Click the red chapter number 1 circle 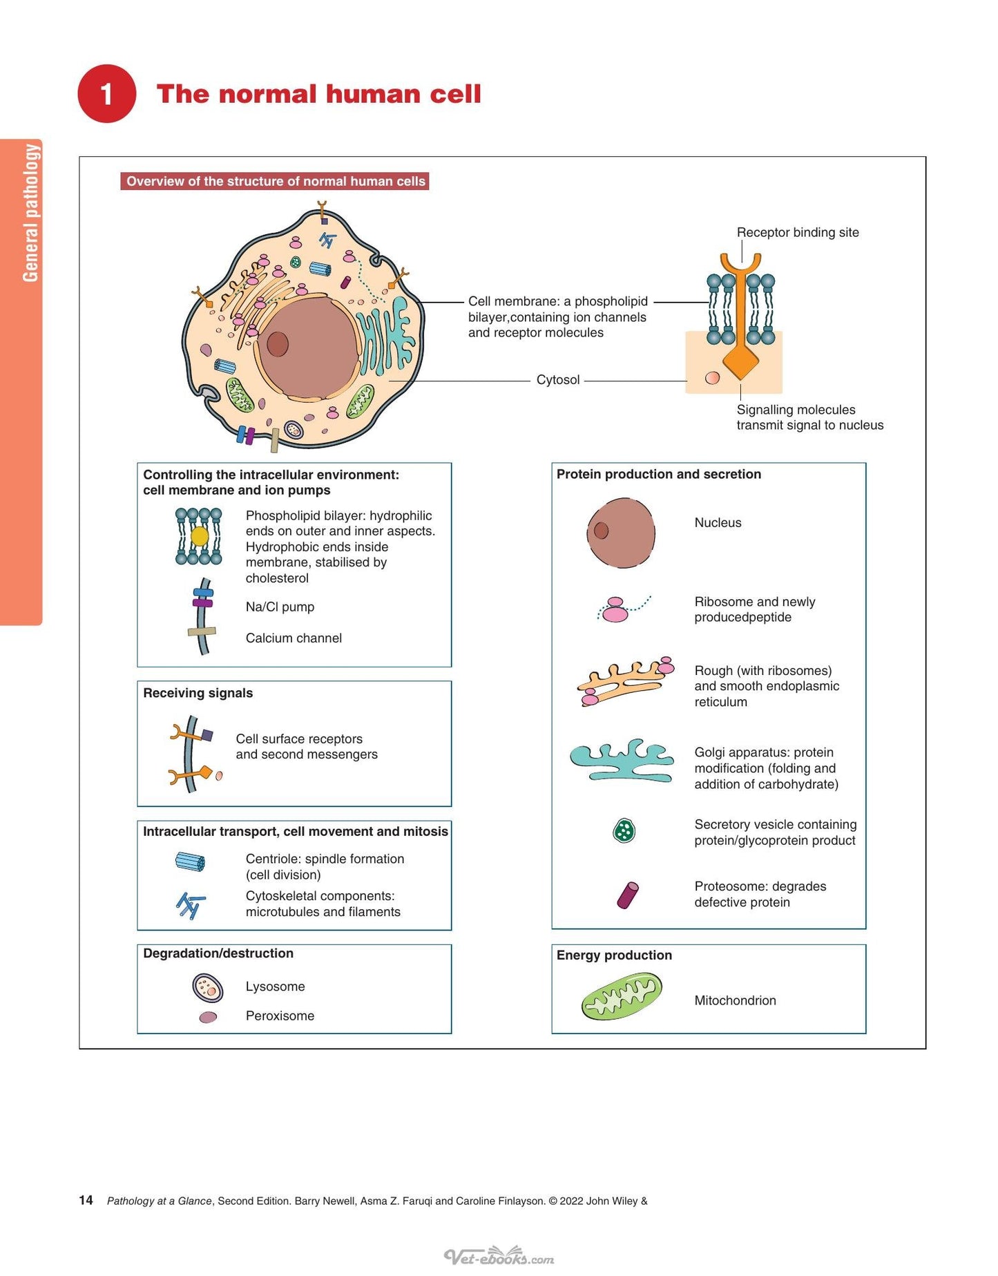tap(106, 94)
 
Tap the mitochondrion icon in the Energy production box tap(622, 996)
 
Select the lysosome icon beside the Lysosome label tap(208, 988)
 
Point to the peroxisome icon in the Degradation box tap(208, 1017)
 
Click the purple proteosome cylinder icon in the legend tap(628, 895)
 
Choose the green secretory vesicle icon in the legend tap(624, 830)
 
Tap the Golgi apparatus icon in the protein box tap(622, 760)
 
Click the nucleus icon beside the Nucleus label tap(621, 533)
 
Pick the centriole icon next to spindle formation tap(190, 861)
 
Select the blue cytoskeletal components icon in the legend tap(191, 905)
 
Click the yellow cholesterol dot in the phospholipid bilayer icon tap(200, 536)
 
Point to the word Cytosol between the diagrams tap(558, 380)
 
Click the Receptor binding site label tap(798, 232)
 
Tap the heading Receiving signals tap(198, 693)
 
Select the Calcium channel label tap(294, 638)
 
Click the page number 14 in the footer tap(86, 1200)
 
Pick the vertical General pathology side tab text tap(30, 213)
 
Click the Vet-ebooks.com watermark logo tap(499, 1255)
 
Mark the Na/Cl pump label tap(280, 607)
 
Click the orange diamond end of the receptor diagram tap(740, 361)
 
